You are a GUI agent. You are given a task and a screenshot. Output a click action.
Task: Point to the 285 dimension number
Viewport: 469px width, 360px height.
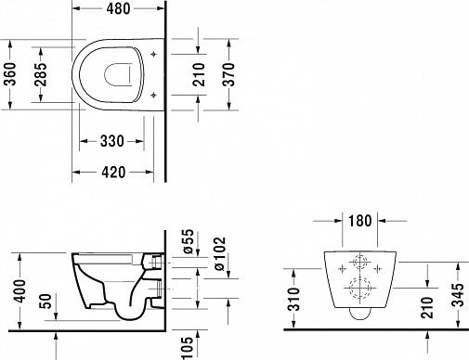[x=41, y=84]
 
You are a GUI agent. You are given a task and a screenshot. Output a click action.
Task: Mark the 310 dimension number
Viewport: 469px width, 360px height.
[x=293, y=296]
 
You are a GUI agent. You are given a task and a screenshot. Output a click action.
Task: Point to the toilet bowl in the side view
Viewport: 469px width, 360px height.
[x=107, y=278]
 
